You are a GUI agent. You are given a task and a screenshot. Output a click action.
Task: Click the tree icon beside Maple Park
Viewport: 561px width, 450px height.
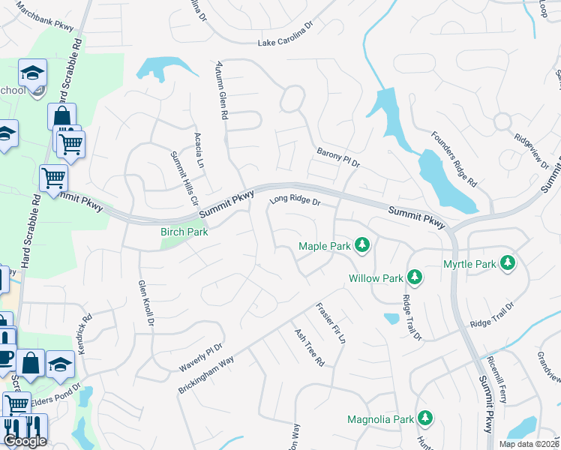click(x=362, y=245)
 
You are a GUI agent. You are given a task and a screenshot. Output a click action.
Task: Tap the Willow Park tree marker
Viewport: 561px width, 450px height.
click(x=414, y=277)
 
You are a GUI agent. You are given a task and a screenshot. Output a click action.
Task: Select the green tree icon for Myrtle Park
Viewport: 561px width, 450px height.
click(x=508, y=263)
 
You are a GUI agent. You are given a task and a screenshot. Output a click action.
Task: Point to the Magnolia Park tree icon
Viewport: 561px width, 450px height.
click(x=425, y=418)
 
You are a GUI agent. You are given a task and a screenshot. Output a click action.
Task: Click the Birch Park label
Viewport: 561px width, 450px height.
click(x=184, y=232)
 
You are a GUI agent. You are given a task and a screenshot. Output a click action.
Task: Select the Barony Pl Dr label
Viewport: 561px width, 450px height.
click(x=338, y=156)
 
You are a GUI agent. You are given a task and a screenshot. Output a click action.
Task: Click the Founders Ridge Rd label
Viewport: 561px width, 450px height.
click(x=454, y=159)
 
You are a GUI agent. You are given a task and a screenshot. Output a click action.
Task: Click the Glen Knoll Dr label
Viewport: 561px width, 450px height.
click(x=145, y=304)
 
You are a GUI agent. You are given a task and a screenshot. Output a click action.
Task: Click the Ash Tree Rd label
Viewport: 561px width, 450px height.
click(x=309, y=348)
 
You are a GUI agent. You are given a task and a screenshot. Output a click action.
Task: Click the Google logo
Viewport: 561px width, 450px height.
click(x=25, y=441)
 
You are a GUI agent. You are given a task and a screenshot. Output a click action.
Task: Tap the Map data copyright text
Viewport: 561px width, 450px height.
click(x=529, y=444)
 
